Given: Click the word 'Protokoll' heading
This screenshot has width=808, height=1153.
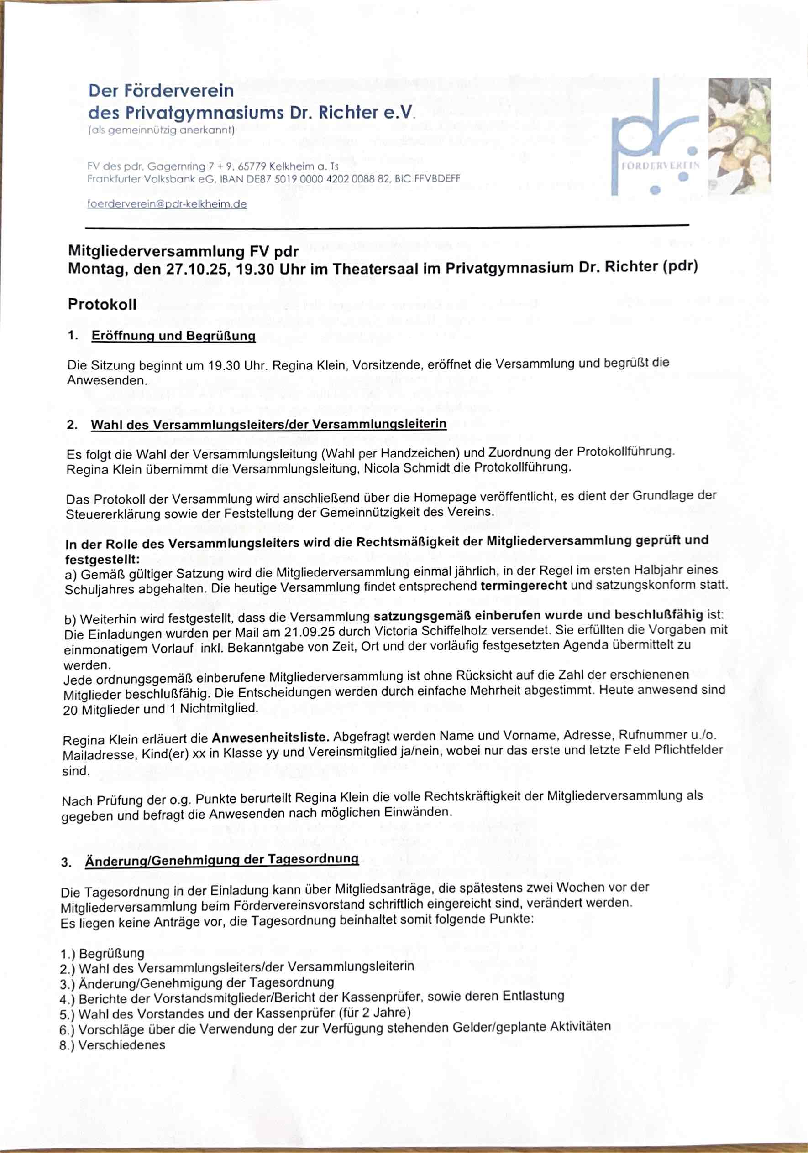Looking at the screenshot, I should click(x=102, y=305).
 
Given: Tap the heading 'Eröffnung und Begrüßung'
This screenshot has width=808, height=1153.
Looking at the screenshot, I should click(x=173, y=336).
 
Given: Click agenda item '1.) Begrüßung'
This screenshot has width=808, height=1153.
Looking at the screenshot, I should click(x=102, y=953).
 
